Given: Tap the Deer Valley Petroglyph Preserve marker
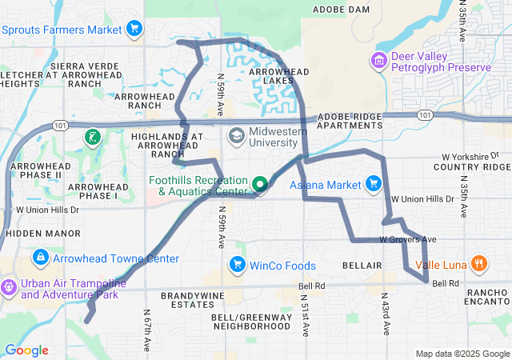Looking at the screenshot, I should (x=378, y=61).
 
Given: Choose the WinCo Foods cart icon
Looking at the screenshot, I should (x=237, y=264).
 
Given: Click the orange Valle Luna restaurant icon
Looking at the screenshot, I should (x=478, y=264).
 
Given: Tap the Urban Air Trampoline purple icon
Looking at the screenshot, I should (x=9, y=286).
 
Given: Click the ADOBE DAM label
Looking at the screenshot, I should (x=341, y=10).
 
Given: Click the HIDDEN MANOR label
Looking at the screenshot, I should (x=34, y=233).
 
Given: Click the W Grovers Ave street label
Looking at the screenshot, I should (x=408, y=239).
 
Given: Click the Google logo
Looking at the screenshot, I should (x=26, y=350).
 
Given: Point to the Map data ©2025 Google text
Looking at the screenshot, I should (x=462, y=354).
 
